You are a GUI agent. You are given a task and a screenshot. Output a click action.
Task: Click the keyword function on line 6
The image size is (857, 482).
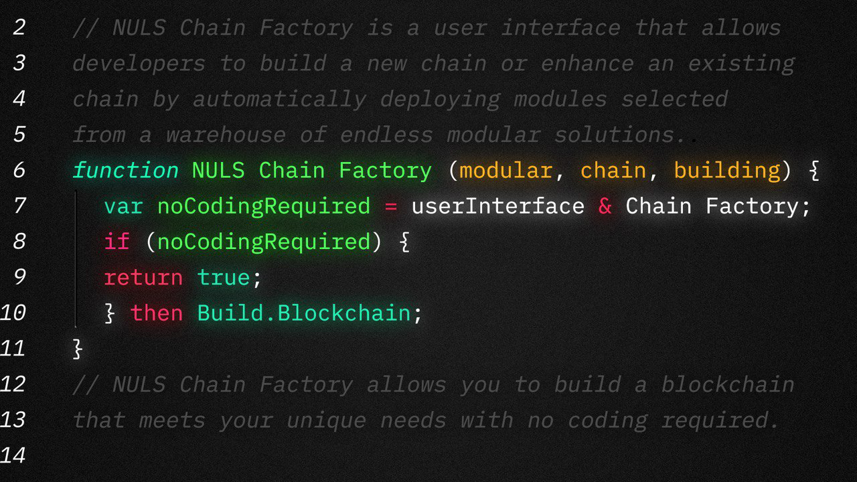pos(125,170)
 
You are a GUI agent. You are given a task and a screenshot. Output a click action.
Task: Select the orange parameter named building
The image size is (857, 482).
pos(726,170)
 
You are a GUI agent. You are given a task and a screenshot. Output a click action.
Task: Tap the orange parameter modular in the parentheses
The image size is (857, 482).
pos(505,170)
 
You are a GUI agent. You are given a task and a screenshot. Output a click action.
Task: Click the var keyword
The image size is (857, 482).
pos(123,206)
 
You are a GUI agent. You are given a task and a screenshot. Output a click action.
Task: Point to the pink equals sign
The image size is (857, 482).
pos(390,206)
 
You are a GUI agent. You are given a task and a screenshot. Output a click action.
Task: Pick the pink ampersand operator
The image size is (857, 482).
pos(605,206)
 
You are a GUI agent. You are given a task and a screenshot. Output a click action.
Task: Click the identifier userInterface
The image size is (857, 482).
pos(497,206)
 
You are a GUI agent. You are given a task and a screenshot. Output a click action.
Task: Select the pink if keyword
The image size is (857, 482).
pos(116,242)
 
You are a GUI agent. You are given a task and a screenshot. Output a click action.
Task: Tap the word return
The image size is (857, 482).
pos(143,277)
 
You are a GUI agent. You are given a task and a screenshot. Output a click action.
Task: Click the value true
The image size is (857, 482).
pos(224,277)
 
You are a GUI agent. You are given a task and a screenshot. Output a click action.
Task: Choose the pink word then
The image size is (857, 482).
pos(157,313)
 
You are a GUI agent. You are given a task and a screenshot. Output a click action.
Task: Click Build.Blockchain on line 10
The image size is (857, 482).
pos(303,313)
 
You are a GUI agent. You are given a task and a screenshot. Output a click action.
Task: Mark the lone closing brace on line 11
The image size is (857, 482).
pos(78,349)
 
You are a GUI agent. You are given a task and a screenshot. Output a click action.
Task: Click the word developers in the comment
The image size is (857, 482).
pos(139,64)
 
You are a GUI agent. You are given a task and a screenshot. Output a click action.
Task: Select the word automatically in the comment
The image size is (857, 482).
pos(279,99)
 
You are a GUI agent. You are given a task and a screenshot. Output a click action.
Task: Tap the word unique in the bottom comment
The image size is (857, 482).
pos(326,420)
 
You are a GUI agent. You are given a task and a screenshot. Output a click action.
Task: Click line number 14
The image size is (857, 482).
pos(13,456)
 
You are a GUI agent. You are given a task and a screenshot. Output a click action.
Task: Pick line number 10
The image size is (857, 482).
pos(13,313)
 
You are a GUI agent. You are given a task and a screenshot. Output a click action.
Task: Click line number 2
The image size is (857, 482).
pos(19,27)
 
